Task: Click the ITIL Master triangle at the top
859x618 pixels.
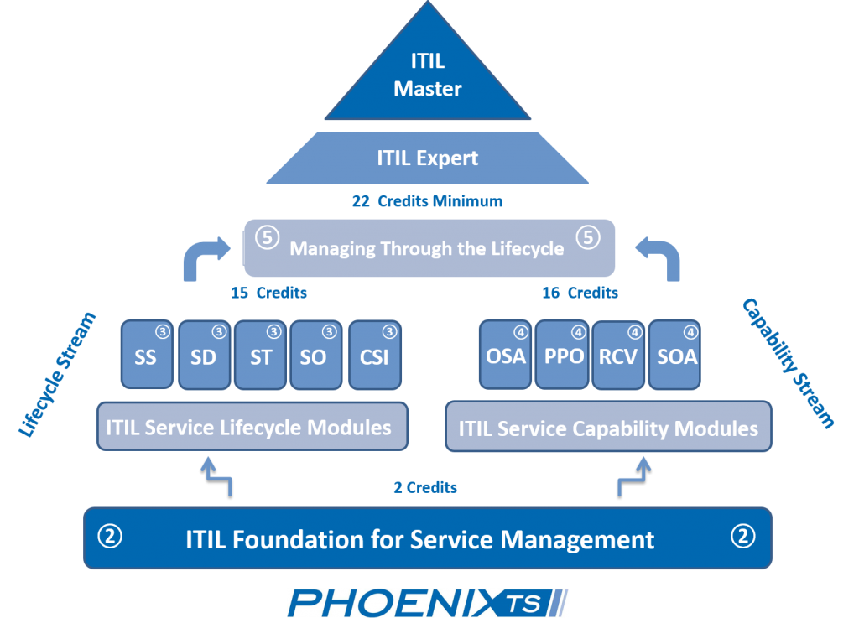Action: pos(428,75)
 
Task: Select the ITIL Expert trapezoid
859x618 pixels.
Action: pos(428,157)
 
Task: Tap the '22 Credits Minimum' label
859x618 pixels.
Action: pos(427,201)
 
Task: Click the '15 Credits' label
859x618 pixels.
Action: pos(268,293)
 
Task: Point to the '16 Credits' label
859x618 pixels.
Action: pos(580,293)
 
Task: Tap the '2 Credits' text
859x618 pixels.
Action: pos(425,486)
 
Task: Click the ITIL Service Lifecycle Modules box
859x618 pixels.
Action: pos(252,427)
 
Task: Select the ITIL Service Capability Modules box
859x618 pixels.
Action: pos(607,428)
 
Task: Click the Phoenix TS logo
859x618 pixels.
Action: pos(427,603)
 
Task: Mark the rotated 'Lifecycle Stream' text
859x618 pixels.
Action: pos(57,375)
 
